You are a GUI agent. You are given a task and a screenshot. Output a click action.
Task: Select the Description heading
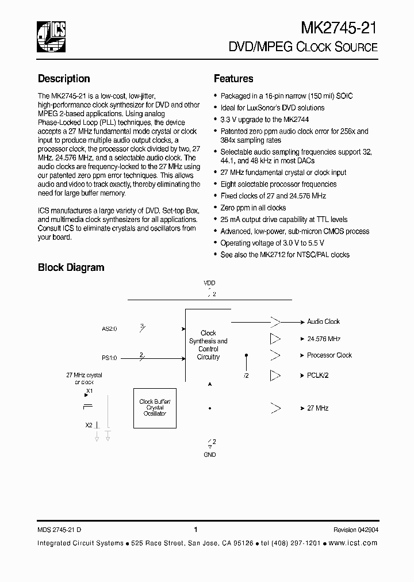pyautogui.click(x=64, y=79)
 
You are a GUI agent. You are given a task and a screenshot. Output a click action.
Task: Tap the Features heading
pyautogui.click(x=233, y=79)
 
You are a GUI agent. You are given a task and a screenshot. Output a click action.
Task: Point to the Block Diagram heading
pyautogui.click(x=71, y=267)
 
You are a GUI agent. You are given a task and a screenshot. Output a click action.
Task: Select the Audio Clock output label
pyautogui.click(x=323, y=322)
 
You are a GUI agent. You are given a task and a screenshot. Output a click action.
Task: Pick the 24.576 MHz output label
pyautogui.click(x=324, y=339)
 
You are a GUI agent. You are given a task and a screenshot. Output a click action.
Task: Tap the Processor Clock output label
pyautogui.click(x=329, y=355)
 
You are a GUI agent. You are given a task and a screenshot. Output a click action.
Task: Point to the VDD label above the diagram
pyautogui.click(x=209, y=284)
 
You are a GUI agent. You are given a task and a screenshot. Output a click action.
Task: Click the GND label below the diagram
pyautogui.click(x=210, y=454)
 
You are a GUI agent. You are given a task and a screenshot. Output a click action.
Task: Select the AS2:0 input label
pyautogui.click(x=109, y=329)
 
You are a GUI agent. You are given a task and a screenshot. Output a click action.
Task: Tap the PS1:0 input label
pyautogui.click(x=109, y=358)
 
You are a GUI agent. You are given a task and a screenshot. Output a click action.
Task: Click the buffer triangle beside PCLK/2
pyautogui.click(x=275, y=376)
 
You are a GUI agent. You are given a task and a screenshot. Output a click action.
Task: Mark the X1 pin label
pyautogui.click(x=89, y=391)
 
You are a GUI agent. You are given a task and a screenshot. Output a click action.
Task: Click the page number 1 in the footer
pyautogui.click(x=196, y=530)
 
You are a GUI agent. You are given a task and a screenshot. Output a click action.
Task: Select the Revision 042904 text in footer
pyautogui.click(x=355, y=530)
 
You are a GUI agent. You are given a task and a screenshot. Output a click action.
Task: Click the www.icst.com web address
pyautogui.click(x=353, y=543)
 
